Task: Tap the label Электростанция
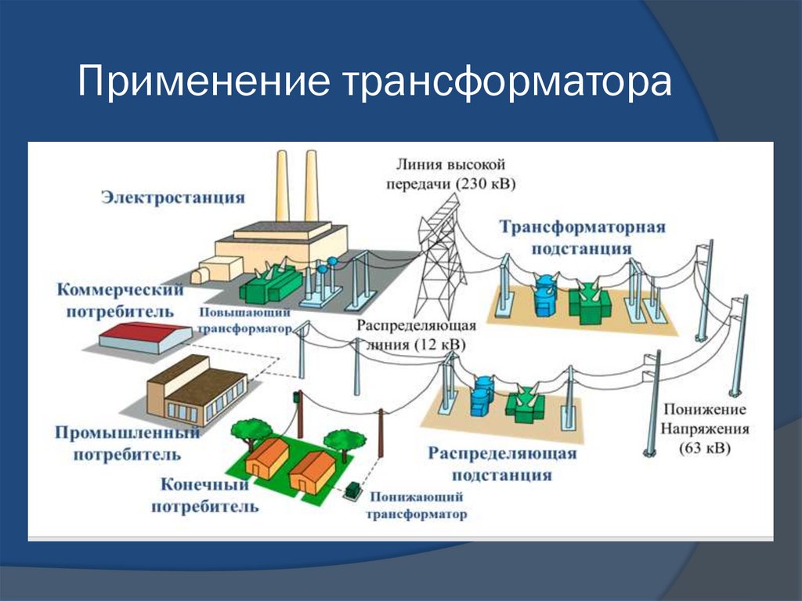pos(172,197)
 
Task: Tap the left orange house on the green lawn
pos(266,458)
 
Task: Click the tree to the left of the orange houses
pos(250,431)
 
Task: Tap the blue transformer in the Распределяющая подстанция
pos(480,399)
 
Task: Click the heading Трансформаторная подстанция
pos(583,237)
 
